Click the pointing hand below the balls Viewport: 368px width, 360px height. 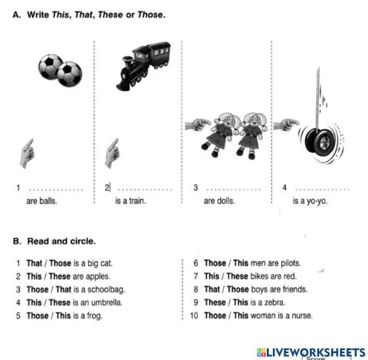[27, 152]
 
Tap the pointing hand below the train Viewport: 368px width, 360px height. [113, 152]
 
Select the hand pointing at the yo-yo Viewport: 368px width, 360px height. [286, 123]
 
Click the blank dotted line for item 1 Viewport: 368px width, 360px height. [54, 188]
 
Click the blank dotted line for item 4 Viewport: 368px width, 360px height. [323, 188]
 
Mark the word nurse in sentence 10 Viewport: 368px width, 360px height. [301, 316]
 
